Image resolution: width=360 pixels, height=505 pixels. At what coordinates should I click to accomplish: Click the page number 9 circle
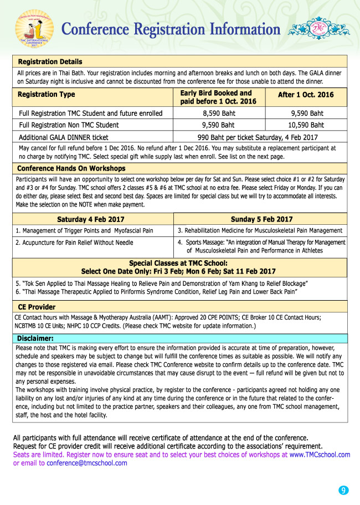[x=343, y=490]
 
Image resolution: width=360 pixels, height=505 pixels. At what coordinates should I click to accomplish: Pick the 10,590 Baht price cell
[x=306, y=125]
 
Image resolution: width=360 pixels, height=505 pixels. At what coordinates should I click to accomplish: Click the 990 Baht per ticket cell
[x=260, y=137]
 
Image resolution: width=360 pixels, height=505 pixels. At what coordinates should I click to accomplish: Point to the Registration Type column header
[x=47, y=95]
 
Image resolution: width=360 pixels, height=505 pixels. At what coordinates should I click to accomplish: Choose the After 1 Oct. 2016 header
[x=306, y=95]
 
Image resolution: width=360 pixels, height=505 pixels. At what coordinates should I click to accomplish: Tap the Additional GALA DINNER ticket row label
[x=64, y=137]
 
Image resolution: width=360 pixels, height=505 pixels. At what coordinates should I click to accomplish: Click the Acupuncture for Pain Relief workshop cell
[x=74, y=243]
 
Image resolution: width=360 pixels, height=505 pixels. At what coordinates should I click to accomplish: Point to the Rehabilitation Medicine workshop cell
[x=260, y=230]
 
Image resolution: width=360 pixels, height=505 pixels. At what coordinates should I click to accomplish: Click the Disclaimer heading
[x=35, y=338]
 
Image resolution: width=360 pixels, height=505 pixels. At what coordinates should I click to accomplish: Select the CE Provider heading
[x=37, y=306]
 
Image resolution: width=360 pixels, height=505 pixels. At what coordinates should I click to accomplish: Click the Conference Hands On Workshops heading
[x=71, y=168]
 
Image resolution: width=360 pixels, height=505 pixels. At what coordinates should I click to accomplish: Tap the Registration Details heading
[x=50, y=61]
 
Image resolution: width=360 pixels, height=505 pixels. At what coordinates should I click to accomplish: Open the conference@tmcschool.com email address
[x=87, y=463]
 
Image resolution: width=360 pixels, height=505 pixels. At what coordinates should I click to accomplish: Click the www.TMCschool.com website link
[x=320, y=455]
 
